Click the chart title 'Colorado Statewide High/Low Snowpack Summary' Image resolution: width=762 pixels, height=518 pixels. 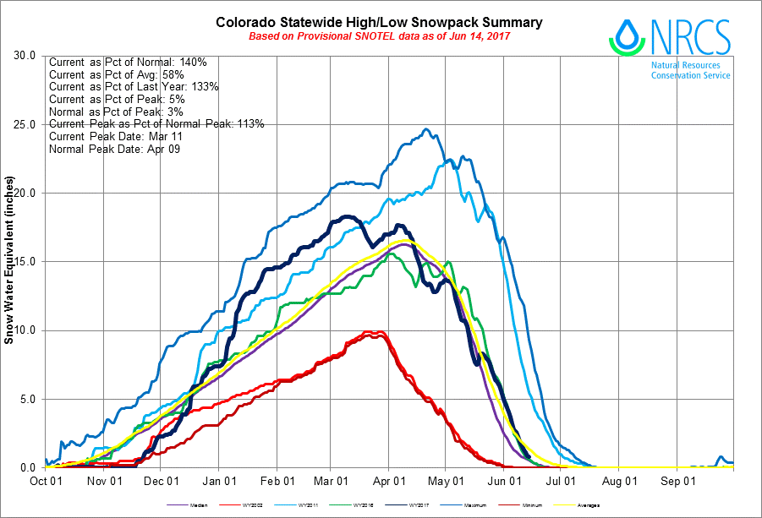coord(379,23)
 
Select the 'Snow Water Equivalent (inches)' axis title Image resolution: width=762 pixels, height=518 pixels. coord(9,261)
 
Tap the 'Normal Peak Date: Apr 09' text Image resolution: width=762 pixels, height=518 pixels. coord(114,149)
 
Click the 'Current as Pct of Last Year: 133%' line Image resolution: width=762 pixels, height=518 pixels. coord(134,87)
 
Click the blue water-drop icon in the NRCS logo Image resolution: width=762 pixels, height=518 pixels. coord(626,36)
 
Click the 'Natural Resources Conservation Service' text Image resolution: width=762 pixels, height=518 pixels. coord(690,70)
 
